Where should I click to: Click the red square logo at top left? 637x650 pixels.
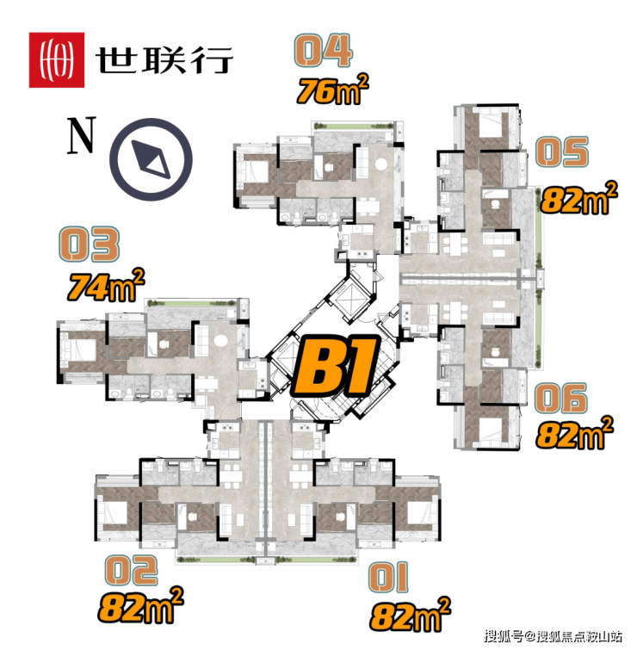click(56, 60)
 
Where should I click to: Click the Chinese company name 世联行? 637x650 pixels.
click(164, 60)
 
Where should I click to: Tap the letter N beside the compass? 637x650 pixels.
click(82, 135)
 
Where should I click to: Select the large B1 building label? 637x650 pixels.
click(336, 366)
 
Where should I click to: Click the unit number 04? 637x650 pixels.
click(324, 51)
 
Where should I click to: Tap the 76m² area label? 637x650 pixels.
click(332, 90)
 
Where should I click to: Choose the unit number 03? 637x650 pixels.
click(90, 245)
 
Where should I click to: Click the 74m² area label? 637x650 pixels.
click(106, 285)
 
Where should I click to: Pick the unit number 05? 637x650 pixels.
click(562, 152)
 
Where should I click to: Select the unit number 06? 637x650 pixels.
click(560, 398)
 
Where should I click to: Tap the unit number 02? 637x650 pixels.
click(132, 571)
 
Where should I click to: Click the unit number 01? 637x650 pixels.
click(388, 577)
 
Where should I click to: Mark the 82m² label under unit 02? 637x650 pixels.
click(141, 605)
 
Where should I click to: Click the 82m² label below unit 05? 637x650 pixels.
click(579, 198)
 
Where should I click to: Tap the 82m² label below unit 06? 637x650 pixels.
click(574, 433)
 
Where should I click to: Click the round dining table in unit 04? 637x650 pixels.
click(381, 164)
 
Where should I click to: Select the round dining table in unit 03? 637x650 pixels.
click(220, 341)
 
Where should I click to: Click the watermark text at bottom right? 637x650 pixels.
click(554, 636)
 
